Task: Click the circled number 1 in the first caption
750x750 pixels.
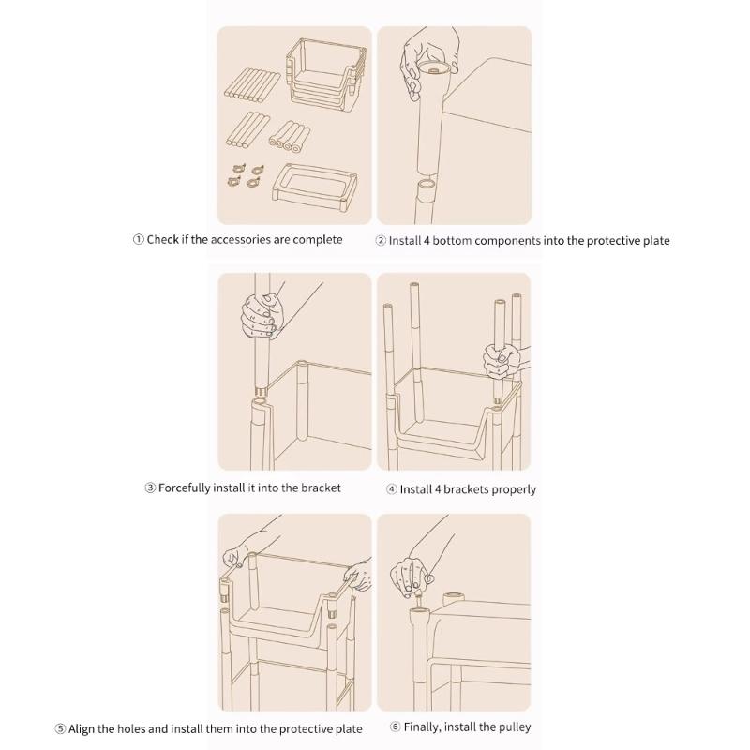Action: click(x=138, y=239)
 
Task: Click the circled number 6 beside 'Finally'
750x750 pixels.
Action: click(x=395, y=727)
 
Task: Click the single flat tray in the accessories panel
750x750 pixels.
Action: click(x=315, y=188)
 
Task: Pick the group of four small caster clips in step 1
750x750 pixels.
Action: click(x=247, y=176)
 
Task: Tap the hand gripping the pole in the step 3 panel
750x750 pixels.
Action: click(x=262, y=315)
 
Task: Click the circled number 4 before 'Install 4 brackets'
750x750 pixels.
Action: click(x=392, y=489)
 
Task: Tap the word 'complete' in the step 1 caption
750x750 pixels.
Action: click(x=318, y=239)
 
